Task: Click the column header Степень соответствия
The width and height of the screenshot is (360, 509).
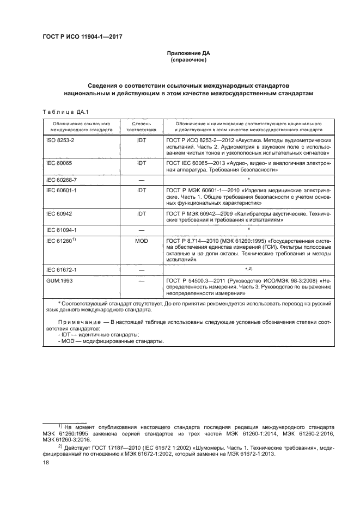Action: pos(142,127)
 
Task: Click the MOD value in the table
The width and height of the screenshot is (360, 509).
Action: pos(142,240)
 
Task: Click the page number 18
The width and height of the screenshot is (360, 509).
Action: pos(46,462)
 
